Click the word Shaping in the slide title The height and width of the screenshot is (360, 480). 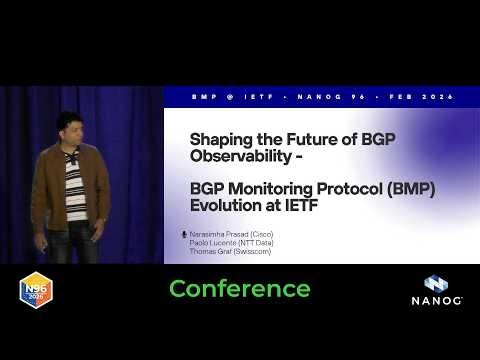[x=220, y=138]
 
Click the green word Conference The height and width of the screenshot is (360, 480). [x=239, y=289]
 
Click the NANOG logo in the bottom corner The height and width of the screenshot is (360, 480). [x=435, y=291]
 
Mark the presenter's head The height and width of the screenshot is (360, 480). [x=69, y=126]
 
